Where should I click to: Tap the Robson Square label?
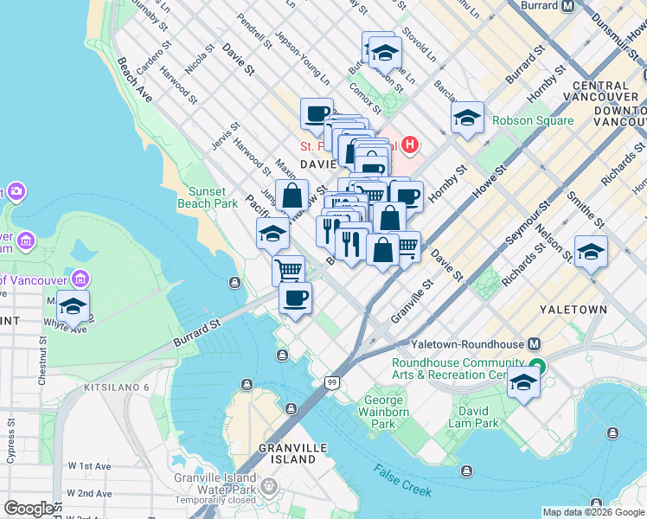533,120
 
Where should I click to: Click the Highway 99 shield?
331,381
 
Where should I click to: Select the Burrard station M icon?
567,6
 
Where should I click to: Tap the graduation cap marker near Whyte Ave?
74,306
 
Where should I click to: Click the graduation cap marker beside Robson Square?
467,118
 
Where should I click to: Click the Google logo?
29,509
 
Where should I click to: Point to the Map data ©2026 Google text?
593,511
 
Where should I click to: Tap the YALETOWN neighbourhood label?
573,309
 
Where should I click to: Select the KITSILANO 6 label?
117,387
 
